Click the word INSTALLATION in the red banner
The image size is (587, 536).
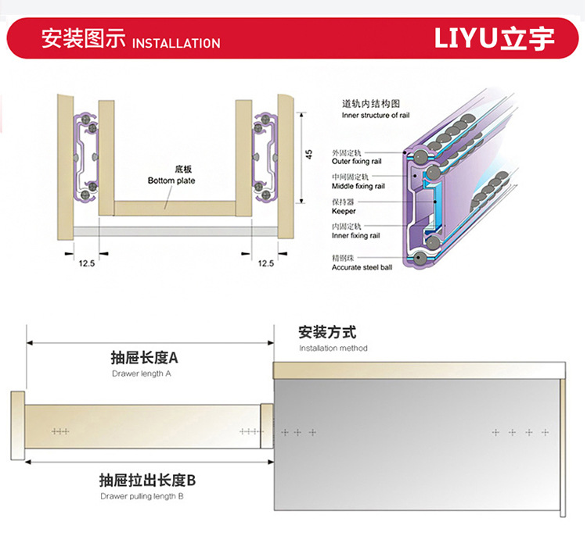pyautogui.click(x=176, y=43)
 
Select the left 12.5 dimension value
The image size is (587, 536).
pyautogui.click(x=86, y=263)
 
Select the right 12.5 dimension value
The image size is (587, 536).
pyautogui.click(x=266, y=263)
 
